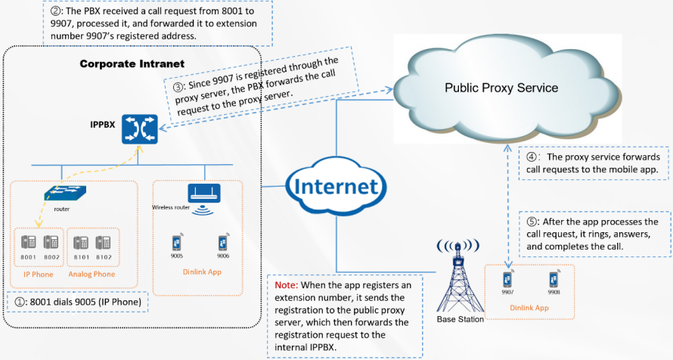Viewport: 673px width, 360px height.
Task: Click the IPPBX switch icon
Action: pyautogui.click(x=138, y=130)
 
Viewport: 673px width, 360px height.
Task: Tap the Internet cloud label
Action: pyautogui.click(x=333, y=186)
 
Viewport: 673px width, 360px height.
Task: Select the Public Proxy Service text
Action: pyautogui.click(x=501, y=88)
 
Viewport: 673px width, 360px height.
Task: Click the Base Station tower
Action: pyautogui.click(x=456, y=279)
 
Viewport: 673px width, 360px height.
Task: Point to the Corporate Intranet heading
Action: pyautogui.click(x=132, y=64)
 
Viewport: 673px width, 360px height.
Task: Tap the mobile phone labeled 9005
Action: pyautogui.click(x=177, y=243)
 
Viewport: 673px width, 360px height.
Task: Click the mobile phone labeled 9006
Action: pyautogui.click(x=223, y=243)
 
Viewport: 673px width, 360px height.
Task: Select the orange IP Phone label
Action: pyautogui.click(x=38, y=274)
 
